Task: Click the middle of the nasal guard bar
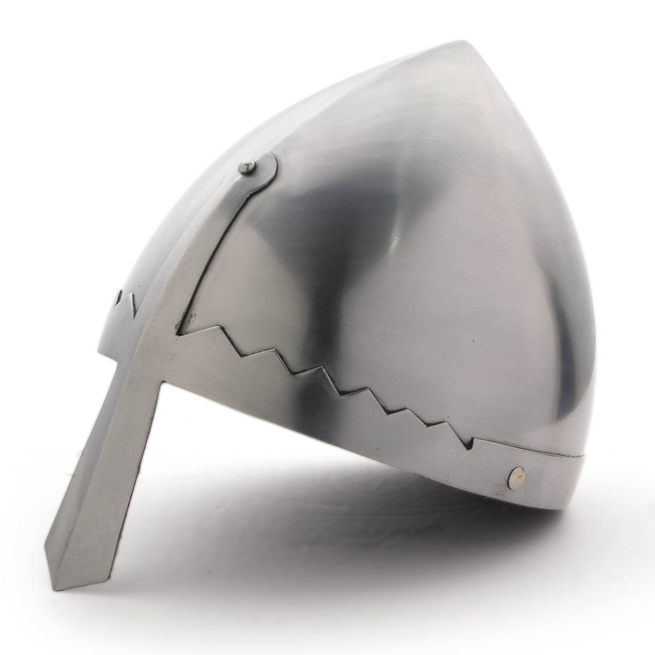[x=117, y=480]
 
